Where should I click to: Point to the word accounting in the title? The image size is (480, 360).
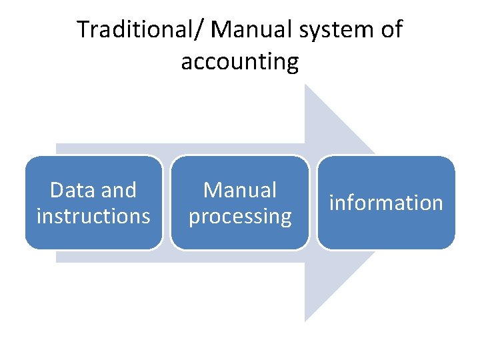(x=239, y=62)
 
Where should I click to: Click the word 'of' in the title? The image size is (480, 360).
(x=391, y=30)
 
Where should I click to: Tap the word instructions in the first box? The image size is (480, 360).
(x=93, y=216)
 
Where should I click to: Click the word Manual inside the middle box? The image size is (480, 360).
(x=240, y=191)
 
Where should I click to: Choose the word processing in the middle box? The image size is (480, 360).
(x=240, y=217)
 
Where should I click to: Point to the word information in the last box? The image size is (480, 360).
(x=386, y=203)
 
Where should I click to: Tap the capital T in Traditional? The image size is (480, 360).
(x=83, y=30)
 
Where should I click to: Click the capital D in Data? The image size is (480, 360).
(x=56, y=191)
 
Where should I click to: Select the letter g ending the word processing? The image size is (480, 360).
(x=285, y=218)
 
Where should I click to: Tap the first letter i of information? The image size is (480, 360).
(x=332, y=203)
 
